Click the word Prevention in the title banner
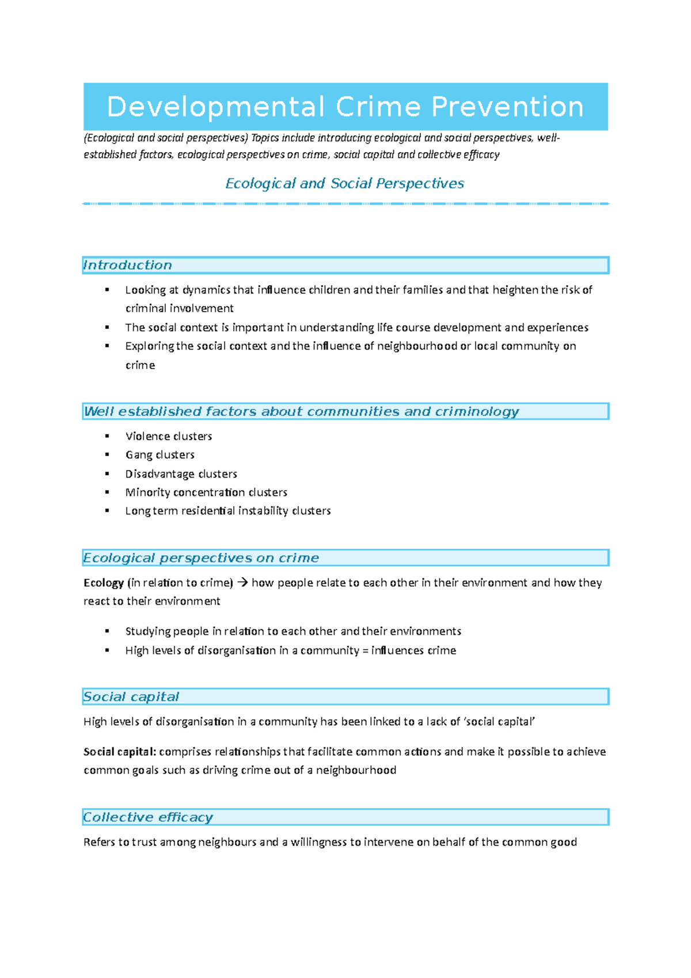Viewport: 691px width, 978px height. [x=507, y=107]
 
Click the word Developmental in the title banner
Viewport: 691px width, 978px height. [x=215, y=107]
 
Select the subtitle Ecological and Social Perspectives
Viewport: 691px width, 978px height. [x=344, y=183]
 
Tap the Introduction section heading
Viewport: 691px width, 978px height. [x=128, y=265]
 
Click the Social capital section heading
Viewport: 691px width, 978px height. [x=131, y=696]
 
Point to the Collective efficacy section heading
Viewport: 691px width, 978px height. [x=148, y=817]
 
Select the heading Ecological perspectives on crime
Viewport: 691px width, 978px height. [x=201, y=558]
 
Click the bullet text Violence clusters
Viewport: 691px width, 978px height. [x=169, y=436]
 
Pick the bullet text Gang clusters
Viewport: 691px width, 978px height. [x=160, y=454]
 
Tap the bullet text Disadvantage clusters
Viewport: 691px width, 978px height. [x=181, y=473]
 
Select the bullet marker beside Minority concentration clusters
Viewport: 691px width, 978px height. [x=107, y=492]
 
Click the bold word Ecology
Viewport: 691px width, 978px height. [x=104, y=582]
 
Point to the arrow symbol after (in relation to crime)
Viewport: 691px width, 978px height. [x=242, y=582]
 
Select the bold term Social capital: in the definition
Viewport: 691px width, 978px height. [x=120, y=751]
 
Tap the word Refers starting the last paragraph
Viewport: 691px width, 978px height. [x=100, y=842]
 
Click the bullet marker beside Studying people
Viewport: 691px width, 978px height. [x=107, y=631]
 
